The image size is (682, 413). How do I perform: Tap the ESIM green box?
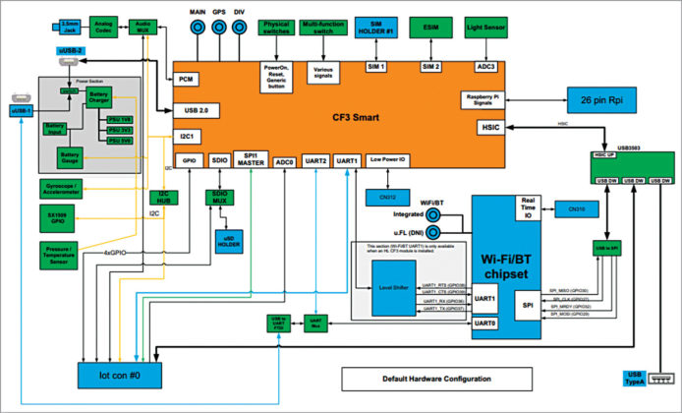(x=430, y=29)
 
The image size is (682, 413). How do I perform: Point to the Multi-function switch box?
(x=323, y=29)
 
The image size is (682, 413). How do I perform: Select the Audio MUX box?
(x=143, y=29)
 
